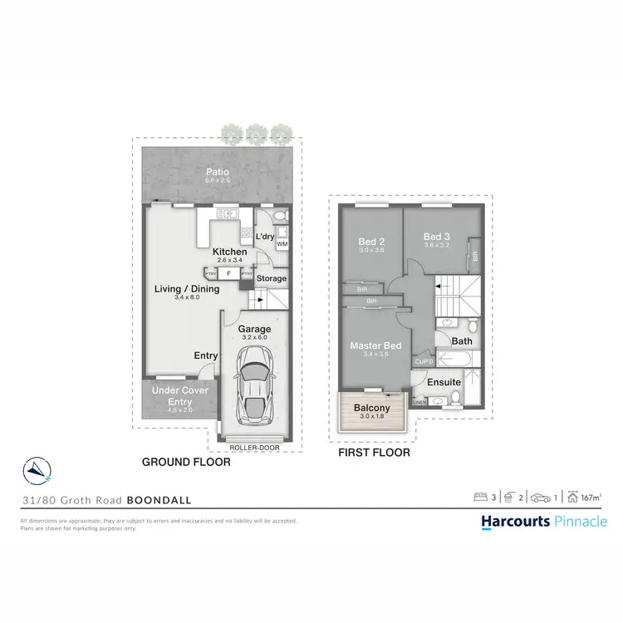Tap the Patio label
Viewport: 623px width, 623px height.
click(218, 172)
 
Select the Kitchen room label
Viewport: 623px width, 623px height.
click(229, 251)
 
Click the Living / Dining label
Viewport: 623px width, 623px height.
click(187, 288)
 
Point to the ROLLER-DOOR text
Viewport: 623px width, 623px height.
click(256, 447)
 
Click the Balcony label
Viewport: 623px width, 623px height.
click(371, 408)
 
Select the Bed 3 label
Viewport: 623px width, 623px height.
click(436, 236)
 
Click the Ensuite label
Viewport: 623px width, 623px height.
click(445, 382)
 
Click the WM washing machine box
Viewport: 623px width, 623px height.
click(282, 244)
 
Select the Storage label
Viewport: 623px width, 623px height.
click(272, 278)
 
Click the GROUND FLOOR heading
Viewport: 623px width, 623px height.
click(186, 462)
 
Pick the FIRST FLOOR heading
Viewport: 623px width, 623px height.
click(374, 454)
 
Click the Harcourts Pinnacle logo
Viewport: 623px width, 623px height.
click(544, 522)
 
